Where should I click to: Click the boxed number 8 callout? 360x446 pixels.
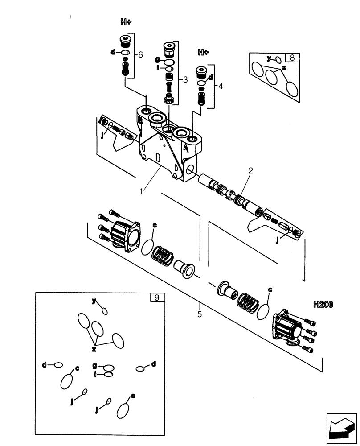click(292, 58)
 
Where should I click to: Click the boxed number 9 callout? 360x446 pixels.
click(156, 297)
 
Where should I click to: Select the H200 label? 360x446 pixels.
click(324, 305)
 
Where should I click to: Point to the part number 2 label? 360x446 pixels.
click(250, 170)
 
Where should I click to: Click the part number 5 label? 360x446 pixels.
click(200, 314)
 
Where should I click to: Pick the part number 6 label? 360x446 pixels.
click(140, 55)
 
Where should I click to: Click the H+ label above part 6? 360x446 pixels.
click(126, 22)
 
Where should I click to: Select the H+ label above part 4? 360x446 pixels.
click(203, 52)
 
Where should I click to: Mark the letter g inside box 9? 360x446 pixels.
click(95, 365)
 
